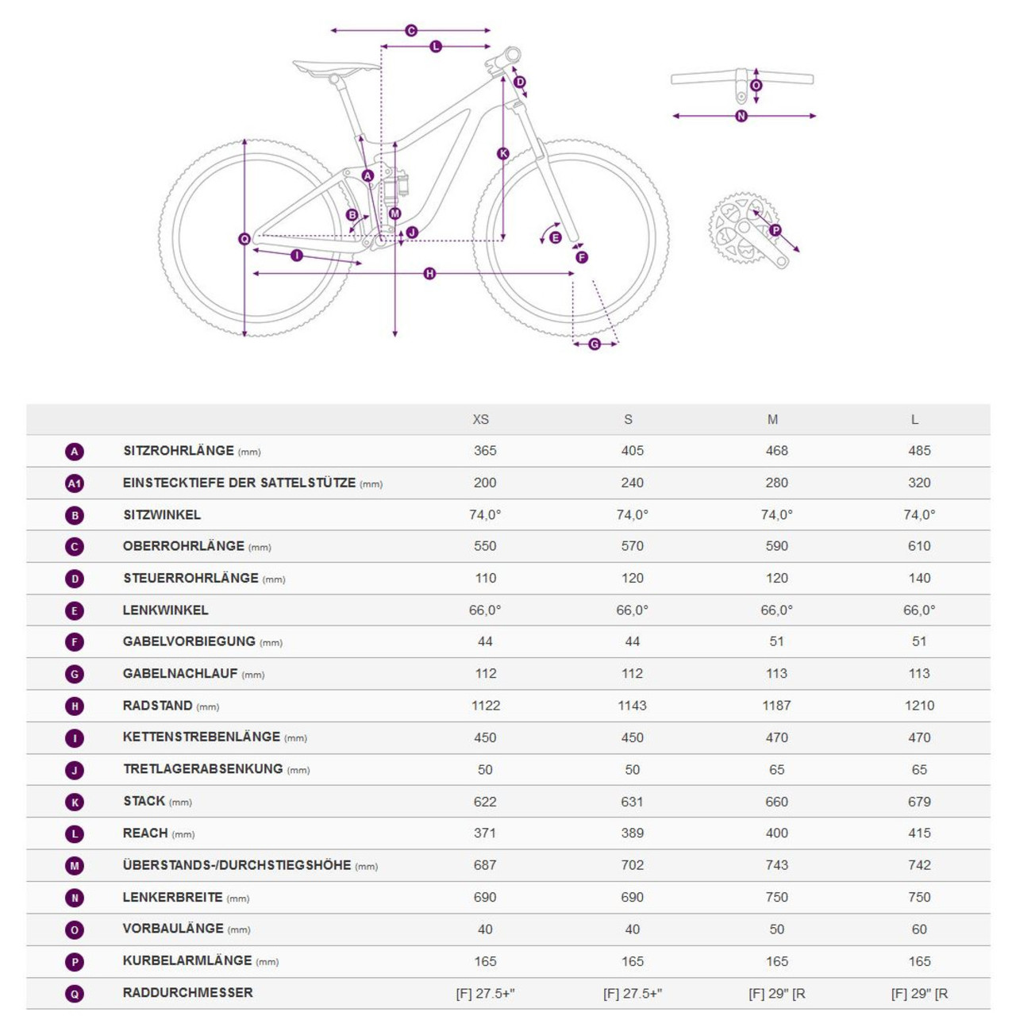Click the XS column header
480,419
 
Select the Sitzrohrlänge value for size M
776,451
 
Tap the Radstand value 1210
919,706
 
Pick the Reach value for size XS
484,833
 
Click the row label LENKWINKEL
165,610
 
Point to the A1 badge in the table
75,483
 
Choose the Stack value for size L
919,802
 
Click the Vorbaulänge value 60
919,929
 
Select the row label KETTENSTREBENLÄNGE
201,737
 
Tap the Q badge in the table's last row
75,993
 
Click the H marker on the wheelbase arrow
429,274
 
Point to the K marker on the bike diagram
503,153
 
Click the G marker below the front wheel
595,344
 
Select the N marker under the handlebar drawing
741,116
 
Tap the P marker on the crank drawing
775,230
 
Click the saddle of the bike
336,67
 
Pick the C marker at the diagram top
411,31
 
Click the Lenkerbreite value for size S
632,897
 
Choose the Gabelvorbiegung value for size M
776,641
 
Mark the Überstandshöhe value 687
484,865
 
